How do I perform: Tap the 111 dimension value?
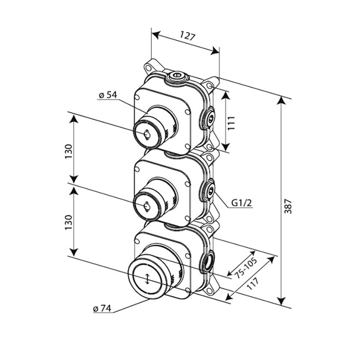pos(231,122)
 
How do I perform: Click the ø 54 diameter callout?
pos(107,95)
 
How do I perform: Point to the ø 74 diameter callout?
pos(102,308)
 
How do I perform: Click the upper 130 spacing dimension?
pos(69,149)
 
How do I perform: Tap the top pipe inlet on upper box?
pos(176,76)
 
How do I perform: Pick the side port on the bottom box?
pos(209,262)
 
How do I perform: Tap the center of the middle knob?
pos(147,206)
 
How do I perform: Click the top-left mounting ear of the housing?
pos(148,68)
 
